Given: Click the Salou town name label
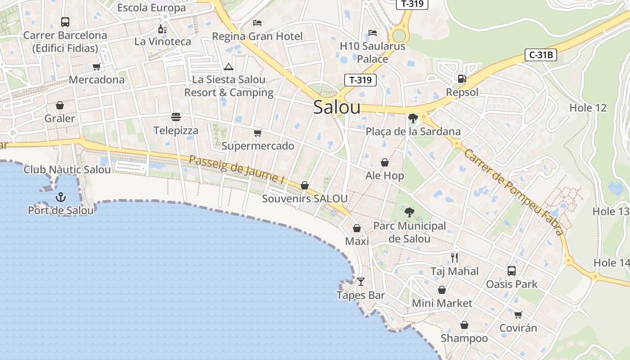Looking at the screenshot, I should (337, 107).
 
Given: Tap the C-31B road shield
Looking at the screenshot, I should (541, 55).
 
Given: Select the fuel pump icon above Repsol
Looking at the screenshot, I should (462, 79).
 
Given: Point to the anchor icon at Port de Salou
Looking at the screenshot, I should (60, 197).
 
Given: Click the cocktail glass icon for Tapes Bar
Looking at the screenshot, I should (360, 282).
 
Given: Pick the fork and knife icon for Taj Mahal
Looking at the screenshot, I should (454, 258).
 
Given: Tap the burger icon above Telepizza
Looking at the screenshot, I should (176, 117).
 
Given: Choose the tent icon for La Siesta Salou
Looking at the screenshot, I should (229, 67).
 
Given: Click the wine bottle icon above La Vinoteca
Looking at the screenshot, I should (162, 29).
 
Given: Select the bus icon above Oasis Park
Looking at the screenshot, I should (512, 270).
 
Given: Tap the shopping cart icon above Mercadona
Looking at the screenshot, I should (96, 67).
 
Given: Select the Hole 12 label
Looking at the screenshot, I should (588, 108).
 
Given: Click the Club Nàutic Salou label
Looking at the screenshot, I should (67, 170).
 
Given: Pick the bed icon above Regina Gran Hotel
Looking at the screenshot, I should (257, 23).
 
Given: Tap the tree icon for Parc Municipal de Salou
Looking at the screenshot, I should (409, 212).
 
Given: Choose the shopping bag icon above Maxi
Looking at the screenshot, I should (357, 228).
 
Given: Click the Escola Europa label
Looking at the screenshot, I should (151, 8).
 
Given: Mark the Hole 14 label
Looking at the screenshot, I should (611, 263).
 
